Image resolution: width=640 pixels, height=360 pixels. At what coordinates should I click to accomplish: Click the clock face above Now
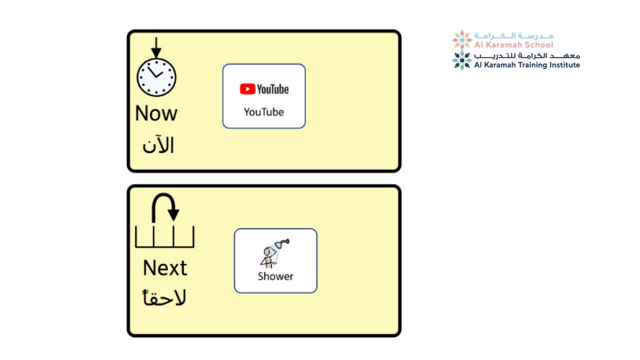click(x=156, y=77)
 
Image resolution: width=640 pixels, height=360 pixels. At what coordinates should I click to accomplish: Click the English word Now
click(x=156, y=113)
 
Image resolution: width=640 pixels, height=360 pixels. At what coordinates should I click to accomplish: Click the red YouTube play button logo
click(x=247, y=89)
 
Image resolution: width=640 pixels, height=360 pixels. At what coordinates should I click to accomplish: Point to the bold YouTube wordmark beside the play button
click(x=273, y=89)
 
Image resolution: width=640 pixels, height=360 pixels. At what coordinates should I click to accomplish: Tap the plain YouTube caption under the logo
click(x=263, y=112)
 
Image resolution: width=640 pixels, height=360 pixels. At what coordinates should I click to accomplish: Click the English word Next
click(x=165, y=268)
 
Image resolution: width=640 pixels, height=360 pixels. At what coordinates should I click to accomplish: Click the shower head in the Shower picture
click(x=282, y=243)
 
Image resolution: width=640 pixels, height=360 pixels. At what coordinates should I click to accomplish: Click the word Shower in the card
click(x=275, y=276)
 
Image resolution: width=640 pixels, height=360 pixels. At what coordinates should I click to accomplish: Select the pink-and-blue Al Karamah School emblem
click(x=462, y=40)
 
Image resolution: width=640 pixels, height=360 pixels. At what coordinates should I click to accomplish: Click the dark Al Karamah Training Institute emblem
click(x=462, y=60)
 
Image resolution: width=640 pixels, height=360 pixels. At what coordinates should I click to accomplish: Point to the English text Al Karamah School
click(x=513, y=44)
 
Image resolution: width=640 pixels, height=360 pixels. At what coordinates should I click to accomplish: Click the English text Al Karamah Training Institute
click(x=527, y=65)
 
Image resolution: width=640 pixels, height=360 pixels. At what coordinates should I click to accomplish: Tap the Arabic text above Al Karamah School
click(x=513, y=36)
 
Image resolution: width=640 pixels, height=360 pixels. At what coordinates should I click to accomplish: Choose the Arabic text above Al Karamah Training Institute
click(x=527, y=56)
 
